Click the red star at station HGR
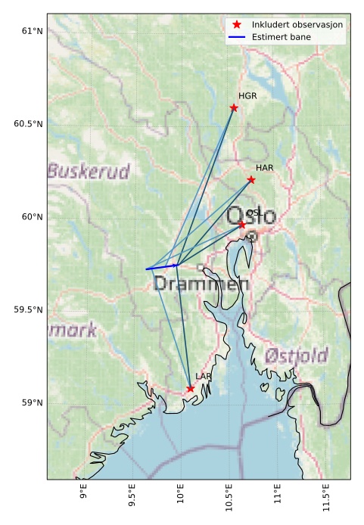click(x=234, y=107)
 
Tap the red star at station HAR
click(x=251, y=179)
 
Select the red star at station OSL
click(x=242, y=225)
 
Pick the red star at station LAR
click(x=190, y=389)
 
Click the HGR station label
click(x=247, y=96)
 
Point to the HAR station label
click(x=264, y=168)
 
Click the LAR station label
click(x=203, y=376)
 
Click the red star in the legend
click(x=237, y=24)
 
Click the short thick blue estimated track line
click(x=162, y=267)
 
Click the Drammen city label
click(x=201, y=284)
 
